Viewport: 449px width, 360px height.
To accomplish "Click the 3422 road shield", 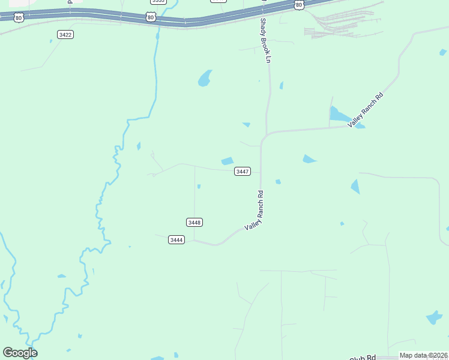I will tap(65, 35).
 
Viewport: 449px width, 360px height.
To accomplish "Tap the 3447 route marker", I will tap(243, 172).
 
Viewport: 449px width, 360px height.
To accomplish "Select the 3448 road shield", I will tap(194, 222).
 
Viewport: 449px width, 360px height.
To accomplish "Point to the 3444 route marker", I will tap(176, 240).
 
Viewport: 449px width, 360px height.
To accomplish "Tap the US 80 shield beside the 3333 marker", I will tap(151, 17).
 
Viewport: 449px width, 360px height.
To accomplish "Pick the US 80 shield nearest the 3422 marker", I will tap(19, 17).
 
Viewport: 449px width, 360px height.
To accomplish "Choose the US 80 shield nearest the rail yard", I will tap(299, 5).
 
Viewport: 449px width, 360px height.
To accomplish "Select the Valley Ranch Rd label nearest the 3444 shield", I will tap(255, 211).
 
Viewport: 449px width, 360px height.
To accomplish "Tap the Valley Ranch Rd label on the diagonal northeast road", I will tap(365, 109).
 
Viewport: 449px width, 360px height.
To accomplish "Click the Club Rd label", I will tap(362, 357).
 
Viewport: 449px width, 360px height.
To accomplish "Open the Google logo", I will tap(20, 353).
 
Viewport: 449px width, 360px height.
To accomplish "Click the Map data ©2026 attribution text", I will tap(423, 355).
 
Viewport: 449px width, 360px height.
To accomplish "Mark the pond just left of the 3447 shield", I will tap(227, 161).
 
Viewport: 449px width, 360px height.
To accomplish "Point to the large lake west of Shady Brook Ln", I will tap(205, 78).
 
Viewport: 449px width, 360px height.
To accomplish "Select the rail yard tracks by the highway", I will tap(342, 24).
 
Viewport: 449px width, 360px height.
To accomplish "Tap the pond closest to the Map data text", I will tap(433, 317).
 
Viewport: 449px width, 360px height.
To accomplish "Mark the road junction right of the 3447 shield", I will tap(261, 172).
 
